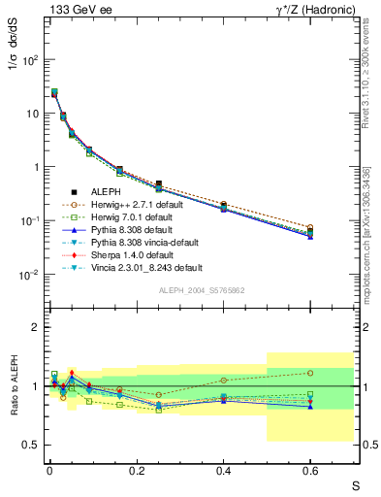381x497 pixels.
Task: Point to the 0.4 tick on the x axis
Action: click(x=224, y=471)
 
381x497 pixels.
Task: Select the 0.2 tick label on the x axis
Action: click(x=137, y=471)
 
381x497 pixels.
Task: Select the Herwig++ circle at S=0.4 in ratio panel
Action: click(x=224, y=381)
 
